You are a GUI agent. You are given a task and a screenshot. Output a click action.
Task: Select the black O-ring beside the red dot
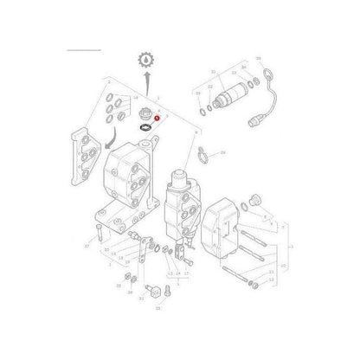pyautogui.click(x=148, y=126)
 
